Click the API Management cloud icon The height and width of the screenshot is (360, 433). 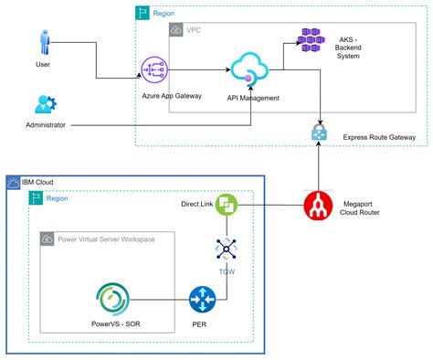click(248, 69)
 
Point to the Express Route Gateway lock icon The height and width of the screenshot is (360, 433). click(319, 132)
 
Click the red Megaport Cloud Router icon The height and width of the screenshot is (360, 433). click(319, 206)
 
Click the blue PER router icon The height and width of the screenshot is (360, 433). click(202, 300)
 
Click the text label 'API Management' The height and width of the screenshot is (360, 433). click(253, 97)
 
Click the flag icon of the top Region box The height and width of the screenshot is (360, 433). click(143, 13)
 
